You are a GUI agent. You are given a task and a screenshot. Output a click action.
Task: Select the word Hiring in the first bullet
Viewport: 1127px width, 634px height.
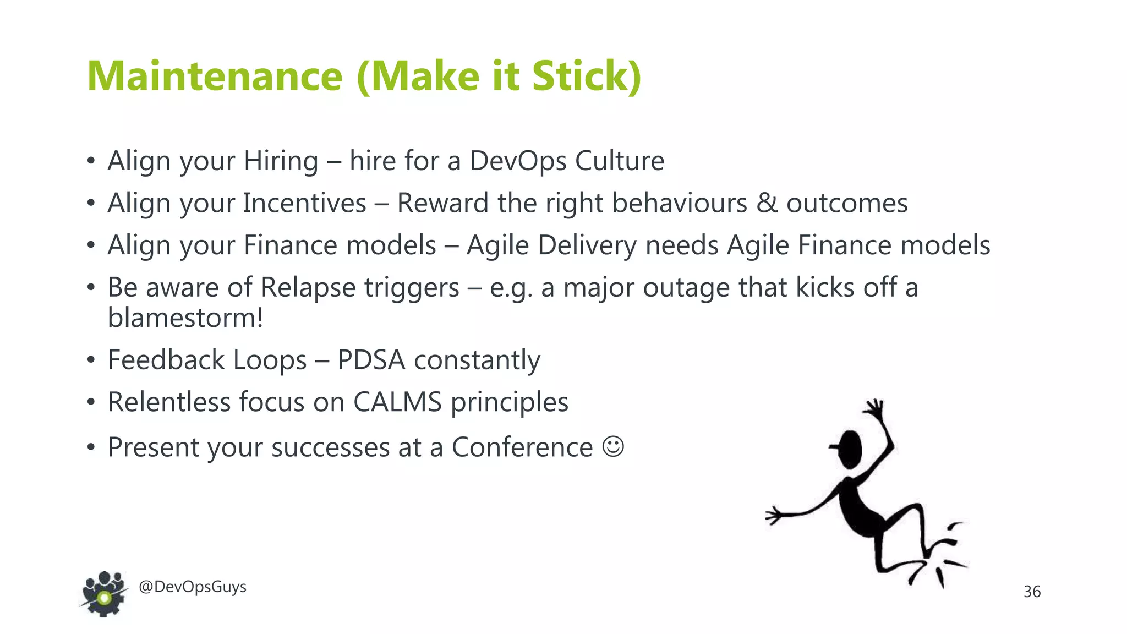click(281, 161)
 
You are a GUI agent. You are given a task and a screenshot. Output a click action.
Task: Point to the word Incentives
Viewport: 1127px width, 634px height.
click(304, 203)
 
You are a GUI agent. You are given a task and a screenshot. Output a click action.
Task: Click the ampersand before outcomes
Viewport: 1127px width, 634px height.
click(767, 203)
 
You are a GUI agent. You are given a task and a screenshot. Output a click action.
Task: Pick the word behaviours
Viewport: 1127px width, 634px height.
click(679, 203)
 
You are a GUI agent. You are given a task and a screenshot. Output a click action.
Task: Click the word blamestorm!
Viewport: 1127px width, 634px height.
click(185, 318)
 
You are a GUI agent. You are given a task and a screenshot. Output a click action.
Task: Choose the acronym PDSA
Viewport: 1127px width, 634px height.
click(371, 360)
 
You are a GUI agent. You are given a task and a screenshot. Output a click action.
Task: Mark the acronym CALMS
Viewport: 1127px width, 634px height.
click(397, 402)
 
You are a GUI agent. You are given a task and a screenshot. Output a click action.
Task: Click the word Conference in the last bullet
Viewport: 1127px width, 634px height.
click(522, 447)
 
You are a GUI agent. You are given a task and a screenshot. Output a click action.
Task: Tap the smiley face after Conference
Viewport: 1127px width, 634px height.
click(613, 446)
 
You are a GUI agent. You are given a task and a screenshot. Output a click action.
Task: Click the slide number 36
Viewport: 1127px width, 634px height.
click(1032, 592)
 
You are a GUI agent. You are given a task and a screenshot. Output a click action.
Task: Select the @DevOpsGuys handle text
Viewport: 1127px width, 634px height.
click(192, 587)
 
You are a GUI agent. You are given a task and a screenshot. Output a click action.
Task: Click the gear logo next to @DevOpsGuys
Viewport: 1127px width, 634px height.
click(103, 594)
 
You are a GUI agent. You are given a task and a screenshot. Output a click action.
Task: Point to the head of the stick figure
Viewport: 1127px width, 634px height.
click(850, 449)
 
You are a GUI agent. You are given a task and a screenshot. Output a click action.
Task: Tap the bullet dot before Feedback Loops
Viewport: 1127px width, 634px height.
click(91, 360)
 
